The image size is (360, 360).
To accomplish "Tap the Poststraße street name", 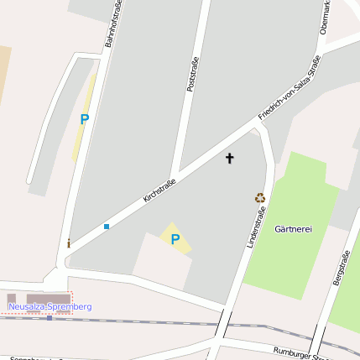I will [191, 75].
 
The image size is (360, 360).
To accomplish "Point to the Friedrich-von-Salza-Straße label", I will [290, 87].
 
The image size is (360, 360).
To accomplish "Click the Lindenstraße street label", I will [250, 226].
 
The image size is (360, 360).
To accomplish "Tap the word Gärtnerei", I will [293, 229].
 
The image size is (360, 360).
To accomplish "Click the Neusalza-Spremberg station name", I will [50, 307].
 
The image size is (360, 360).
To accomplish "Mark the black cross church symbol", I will [230, 158].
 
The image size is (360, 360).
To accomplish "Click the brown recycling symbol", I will [260, 198].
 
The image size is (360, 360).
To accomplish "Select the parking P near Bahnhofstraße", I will [84, 120].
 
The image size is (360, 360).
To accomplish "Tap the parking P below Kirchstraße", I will [175, 239].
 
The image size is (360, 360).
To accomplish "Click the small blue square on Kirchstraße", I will [107, 227].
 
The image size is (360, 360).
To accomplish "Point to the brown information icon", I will [69, 244].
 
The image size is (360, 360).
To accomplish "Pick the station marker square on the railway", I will [50, 318].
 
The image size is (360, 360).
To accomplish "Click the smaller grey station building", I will [12, 298].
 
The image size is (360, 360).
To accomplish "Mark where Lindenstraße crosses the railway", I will [223, 324].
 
